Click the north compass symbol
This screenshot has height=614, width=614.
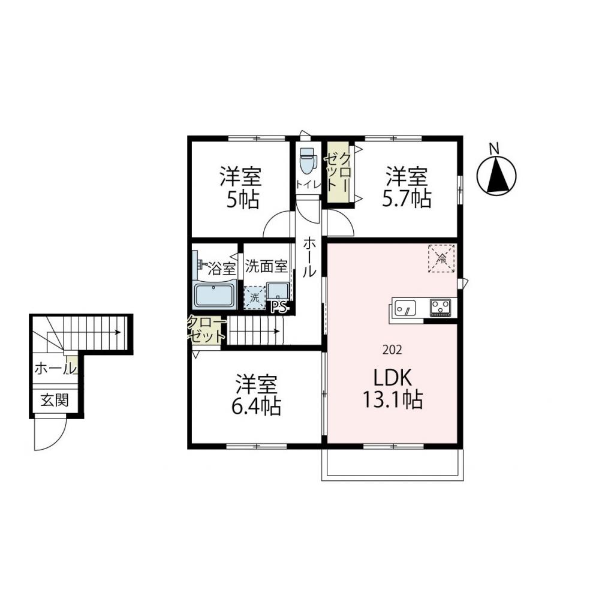click(x=496, y=174)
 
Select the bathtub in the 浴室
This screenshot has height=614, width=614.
click(x=215, y=296)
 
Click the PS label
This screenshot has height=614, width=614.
click(x=279, y=307)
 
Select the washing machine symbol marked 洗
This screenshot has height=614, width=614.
click(x=254, y=296)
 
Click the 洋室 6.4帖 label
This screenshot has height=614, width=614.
click(x=256, y=395)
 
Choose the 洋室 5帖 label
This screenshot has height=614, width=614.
click(x=240, y=188)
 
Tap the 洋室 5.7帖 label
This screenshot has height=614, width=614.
click(x=407, y=187)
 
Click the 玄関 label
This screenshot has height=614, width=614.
click(x=54, y=400)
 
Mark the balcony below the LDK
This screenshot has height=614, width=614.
click(x=393, y=465)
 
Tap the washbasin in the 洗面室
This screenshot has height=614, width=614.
click(x=277, y=292)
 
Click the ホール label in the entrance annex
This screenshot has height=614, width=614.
click(x=55, y=369)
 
